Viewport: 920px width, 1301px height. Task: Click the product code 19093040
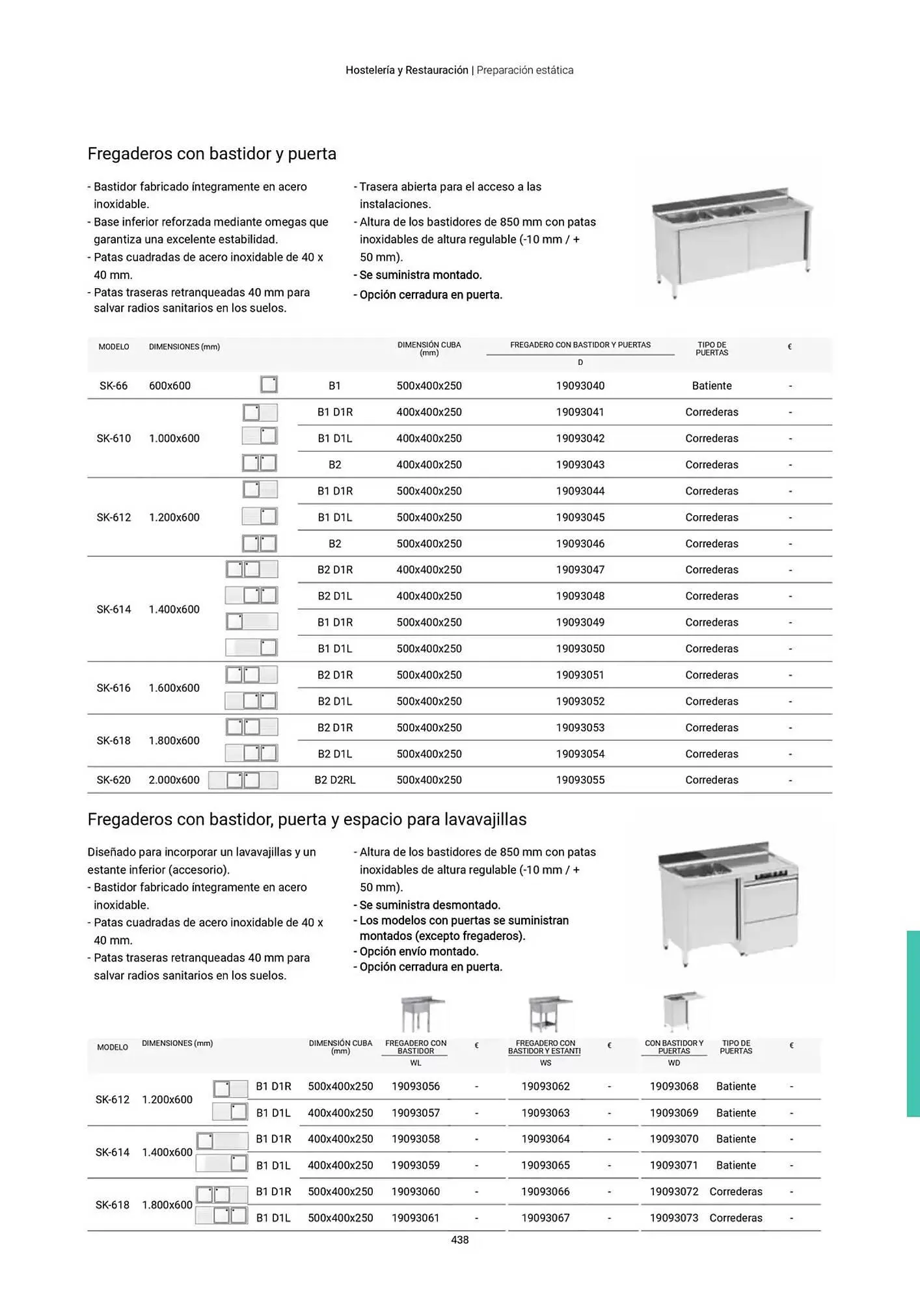pos(580,386)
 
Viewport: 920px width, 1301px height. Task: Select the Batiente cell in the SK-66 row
pos(711,386)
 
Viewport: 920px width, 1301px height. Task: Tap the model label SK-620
pos(113,780)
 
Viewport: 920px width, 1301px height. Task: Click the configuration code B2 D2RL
pos(334,780)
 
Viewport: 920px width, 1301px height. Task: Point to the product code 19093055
pos(580,780)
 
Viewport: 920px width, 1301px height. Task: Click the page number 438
pos(459,1240)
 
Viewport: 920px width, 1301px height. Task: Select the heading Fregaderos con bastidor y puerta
pos(211,154)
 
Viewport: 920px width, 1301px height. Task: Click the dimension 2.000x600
pos(174,780)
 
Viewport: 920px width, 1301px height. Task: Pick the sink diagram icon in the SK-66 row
pos(269,384)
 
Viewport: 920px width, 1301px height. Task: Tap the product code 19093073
pos(673,1218)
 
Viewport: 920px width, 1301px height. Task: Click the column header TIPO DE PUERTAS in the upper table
pos(711,349)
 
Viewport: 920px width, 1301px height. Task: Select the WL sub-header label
pos(416,1063)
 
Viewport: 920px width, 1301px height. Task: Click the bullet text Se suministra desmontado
pos(429,905)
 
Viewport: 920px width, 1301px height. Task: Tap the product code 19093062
pos(545,1086)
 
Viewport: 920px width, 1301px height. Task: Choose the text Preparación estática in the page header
pos(524,70)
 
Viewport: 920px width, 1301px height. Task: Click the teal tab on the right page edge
pos(913,1023)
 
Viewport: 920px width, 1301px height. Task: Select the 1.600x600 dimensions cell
pos(174,688)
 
